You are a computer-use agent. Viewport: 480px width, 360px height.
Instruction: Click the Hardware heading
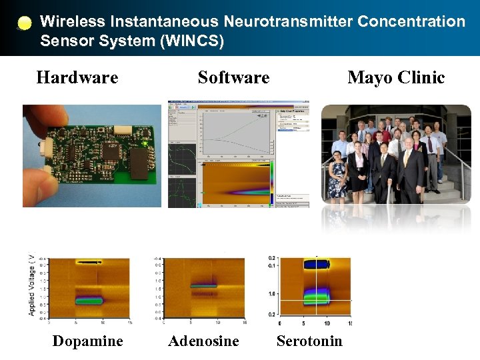77,78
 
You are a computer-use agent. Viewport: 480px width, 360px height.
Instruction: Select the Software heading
233,78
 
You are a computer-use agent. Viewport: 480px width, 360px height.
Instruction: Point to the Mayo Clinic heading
396,78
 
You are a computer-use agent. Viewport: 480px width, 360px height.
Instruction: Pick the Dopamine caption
87,341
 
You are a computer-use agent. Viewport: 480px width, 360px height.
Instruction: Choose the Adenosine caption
203,341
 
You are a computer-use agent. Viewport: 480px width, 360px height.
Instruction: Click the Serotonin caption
309,341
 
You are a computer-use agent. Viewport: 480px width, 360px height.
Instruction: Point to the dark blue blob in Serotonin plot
316,264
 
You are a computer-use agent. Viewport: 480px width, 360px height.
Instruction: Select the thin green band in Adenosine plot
203,285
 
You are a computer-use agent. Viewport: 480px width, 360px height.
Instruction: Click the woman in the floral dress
338,171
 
